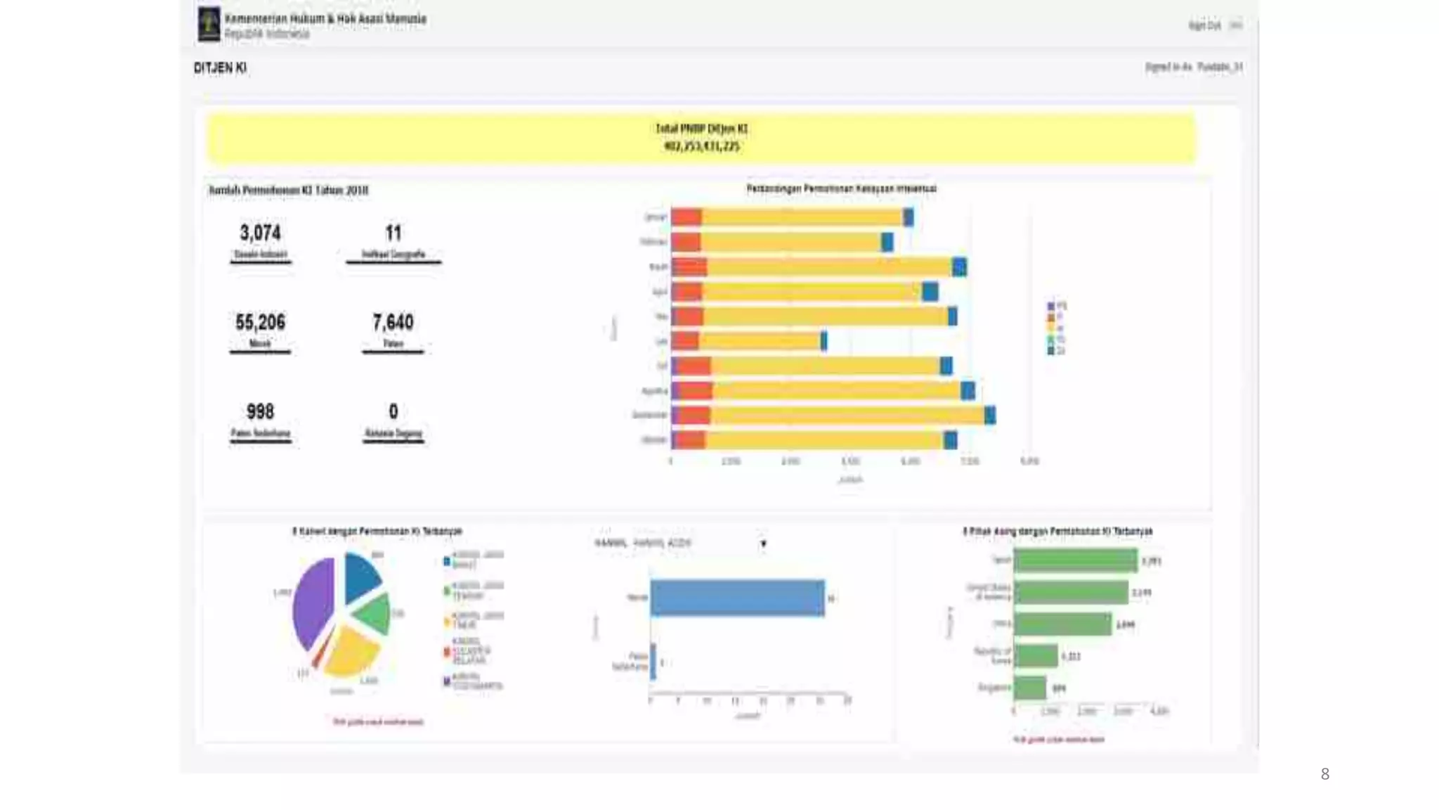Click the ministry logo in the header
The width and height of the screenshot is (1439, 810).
(209, 24)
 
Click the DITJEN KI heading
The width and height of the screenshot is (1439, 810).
(220, 68)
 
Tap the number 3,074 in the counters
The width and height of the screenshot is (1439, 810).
(260, 233)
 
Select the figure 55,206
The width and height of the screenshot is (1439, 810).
(260, 323)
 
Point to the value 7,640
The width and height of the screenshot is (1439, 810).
(393, 323)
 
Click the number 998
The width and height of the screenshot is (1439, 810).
(260, 411)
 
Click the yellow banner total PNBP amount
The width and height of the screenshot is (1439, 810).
(701, 146)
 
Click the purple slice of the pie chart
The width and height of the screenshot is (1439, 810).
(313, 601)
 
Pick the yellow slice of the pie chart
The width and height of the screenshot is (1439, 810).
(351, 650)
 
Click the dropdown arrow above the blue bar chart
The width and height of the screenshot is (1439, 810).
(763, 544)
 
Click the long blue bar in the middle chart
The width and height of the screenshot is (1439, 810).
(737, 598)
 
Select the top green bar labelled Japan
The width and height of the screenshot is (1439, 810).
(1075, 560)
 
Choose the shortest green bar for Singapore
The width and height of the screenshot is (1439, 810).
(1030, 688)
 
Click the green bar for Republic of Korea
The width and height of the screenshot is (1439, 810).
(1036, 656)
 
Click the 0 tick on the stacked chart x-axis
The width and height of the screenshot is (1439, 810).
(671, 461)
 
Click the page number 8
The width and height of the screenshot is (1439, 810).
(1324, 774)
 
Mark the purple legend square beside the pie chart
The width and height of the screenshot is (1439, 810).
(447, 681)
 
